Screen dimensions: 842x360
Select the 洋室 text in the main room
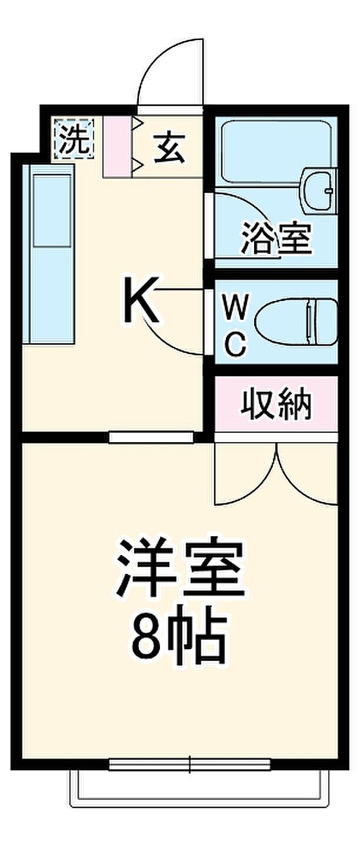(180, 569)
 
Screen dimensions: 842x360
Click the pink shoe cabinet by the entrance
(118, 147)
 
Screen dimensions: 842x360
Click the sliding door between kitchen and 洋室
(151, 436)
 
